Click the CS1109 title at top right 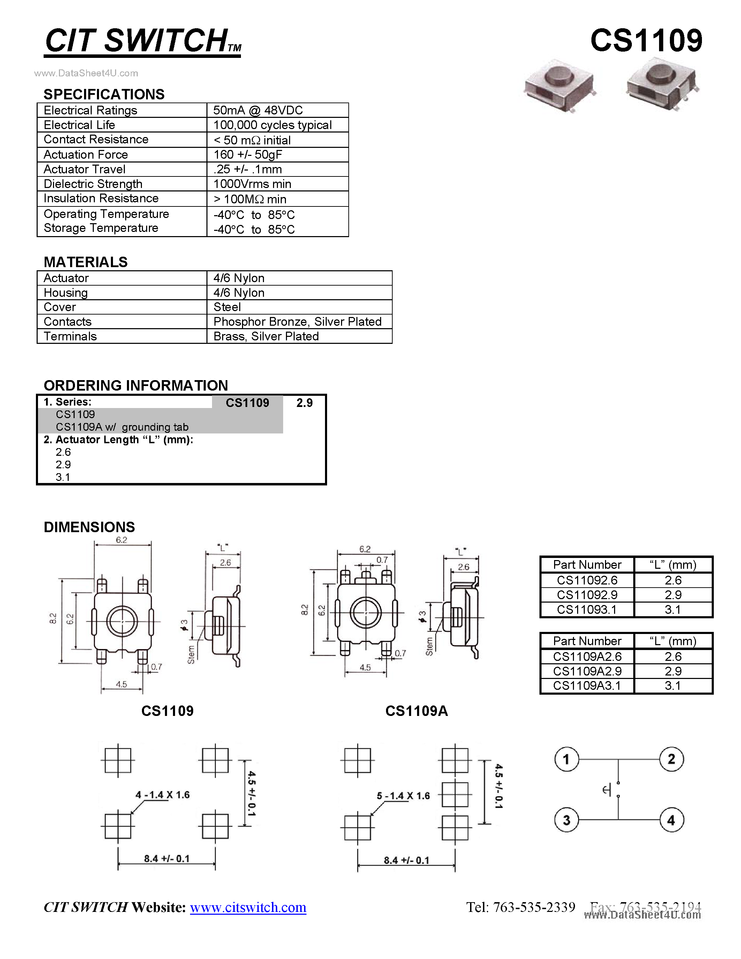pos(646,41)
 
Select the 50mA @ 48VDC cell pos(258,110)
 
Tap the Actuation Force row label pos(85,154)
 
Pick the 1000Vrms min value pos(252,184)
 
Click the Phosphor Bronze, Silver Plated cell pos(297,322)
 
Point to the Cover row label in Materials pos(60,307)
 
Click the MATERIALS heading pos(85,262)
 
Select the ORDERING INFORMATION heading pos(136,386)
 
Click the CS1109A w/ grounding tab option pos(122,427)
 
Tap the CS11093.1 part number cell pos(587,610)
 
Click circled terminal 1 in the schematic pos(566,759)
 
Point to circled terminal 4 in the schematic pos(671,820)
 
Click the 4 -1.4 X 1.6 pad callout pos(162,795)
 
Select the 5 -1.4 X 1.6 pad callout pos(403,796)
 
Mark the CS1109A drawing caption pos(416,711)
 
